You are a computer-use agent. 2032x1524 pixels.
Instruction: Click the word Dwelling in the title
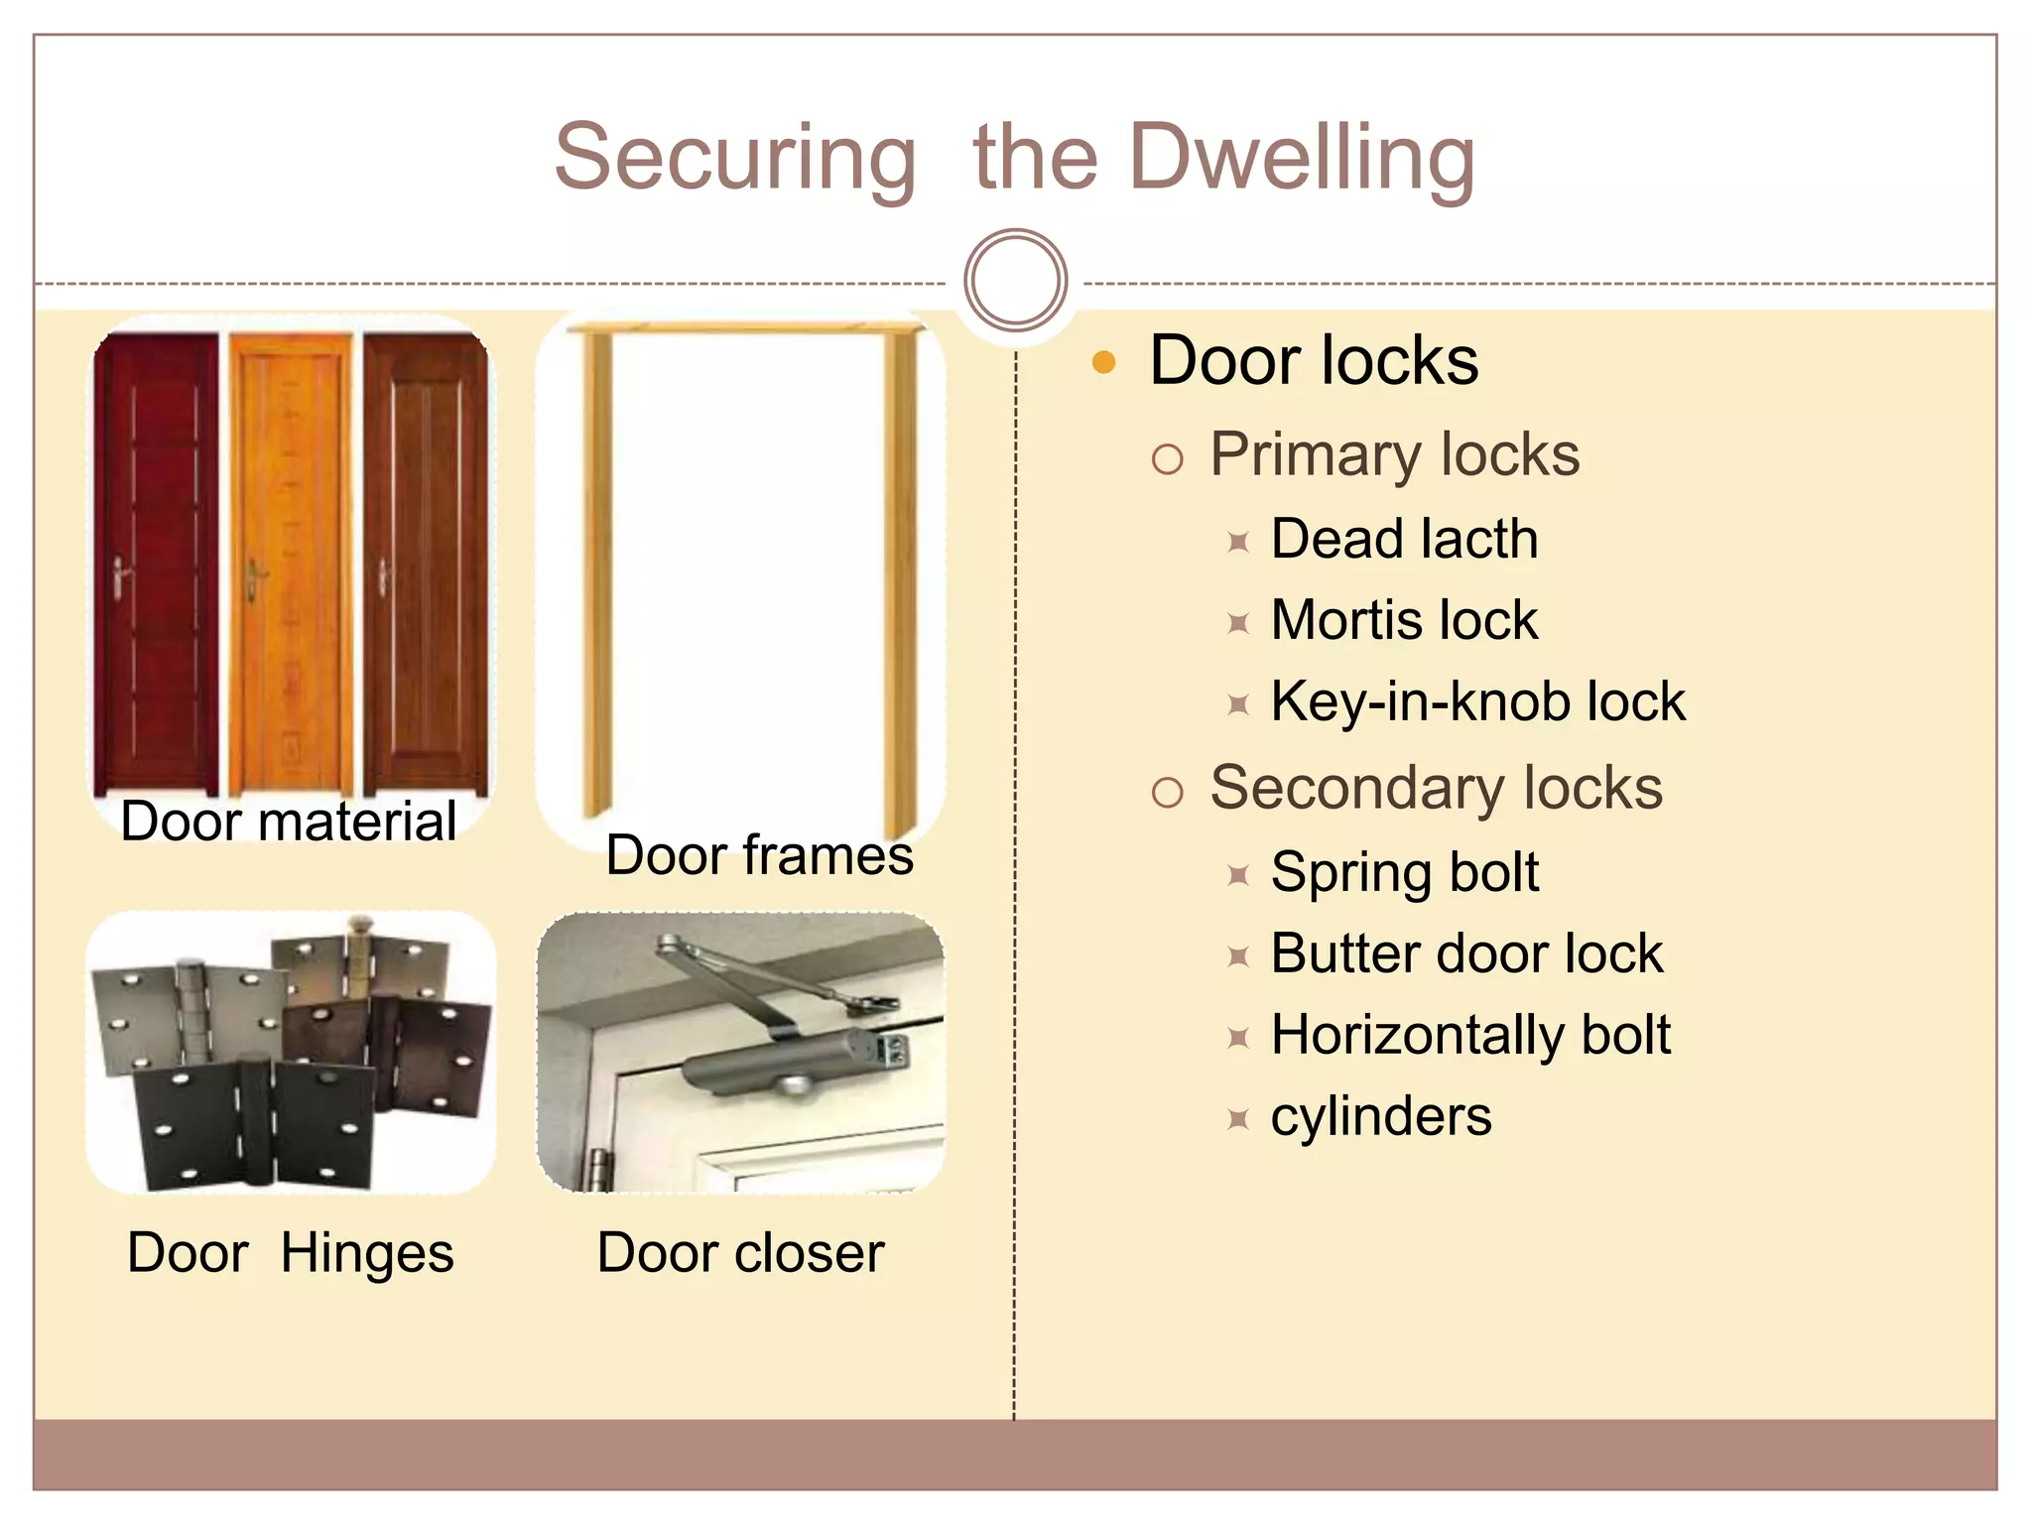pos(1302,159)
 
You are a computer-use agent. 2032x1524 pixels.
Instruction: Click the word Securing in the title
pos(734,159)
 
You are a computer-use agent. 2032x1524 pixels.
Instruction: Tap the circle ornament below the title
pos(1015,280)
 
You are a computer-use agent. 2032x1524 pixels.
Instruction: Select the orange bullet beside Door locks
pos(1103,362)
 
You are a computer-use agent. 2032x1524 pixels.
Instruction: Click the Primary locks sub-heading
pos(1394,455)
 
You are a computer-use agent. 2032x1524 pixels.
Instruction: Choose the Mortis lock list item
pos(1404,620)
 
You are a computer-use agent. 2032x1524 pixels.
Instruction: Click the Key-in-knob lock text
pos(1477,701)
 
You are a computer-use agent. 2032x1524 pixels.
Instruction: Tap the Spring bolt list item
pos(1404,872)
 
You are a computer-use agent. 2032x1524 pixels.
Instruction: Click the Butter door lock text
pos(1465,953)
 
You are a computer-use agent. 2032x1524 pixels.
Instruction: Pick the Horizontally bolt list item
pos(1470,1035)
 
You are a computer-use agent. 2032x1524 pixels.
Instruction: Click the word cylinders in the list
pos(1381,1116)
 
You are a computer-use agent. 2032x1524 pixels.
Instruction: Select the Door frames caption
pos(759,855)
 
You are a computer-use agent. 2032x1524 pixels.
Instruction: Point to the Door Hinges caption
pos(291,1252)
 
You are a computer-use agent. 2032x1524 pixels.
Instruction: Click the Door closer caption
pos(740,1252)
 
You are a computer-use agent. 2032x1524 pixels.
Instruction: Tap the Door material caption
pos(289,822)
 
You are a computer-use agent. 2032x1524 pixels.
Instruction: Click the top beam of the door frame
pos(744,326)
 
